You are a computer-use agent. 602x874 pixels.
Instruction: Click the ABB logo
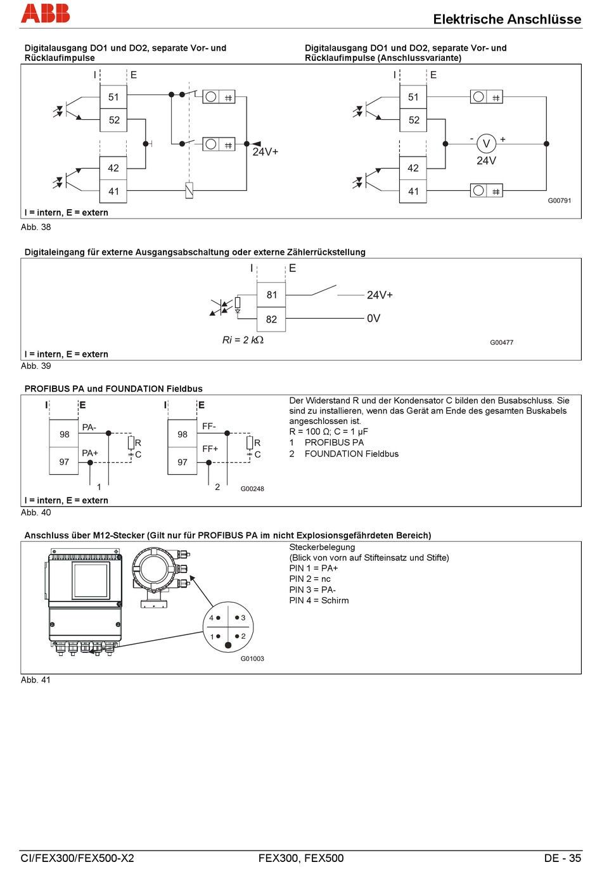click(45, 13)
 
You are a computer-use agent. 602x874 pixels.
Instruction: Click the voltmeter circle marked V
click(486, 144)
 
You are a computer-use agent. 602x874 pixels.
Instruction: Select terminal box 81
click(272, 295)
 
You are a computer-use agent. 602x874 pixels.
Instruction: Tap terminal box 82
click(272, 319)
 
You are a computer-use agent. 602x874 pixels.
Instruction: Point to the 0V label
click(374, 318)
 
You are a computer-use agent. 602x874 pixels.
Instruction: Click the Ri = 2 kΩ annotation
click(243, 340)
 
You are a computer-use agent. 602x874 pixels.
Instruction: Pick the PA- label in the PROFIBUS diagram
click(89, 428)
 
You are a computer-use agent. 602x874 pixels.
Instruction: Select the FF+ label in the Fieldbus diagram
click(210, 449)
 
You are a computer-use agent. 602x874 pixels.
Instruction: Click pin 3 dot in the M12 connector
click(237, 617)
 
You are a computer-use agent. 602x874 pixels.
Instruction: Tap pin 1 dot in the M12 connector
click(219, 636)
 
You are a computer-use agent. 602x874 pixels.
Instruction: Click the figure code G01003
click(252, 659)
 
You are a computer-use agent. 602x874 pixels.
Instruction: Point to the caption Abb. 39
click(36, 366)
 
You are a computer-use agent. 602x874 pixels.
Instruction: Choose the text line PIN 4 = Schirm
click(319, 600)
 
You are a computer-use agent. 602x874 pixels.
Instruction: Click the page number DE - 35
click(562, 858)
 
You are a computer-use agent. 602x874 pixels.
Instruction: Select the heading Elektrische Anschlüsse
click(507, 19)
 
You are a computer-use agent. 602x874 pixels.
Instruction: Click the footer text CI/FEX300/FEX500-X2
click(77, 858)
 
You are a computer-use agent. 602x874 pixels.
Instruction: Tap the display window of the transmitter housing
click(91, 580)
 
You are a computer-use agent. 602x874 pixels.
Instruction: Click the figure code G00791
click(560, 201)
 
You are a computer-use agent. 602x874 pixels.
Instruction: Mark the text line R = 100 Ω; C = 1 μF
click(328, 432)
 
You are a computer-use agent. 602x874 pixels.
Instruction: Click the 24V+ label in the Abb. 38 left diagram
click(266, 152)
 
